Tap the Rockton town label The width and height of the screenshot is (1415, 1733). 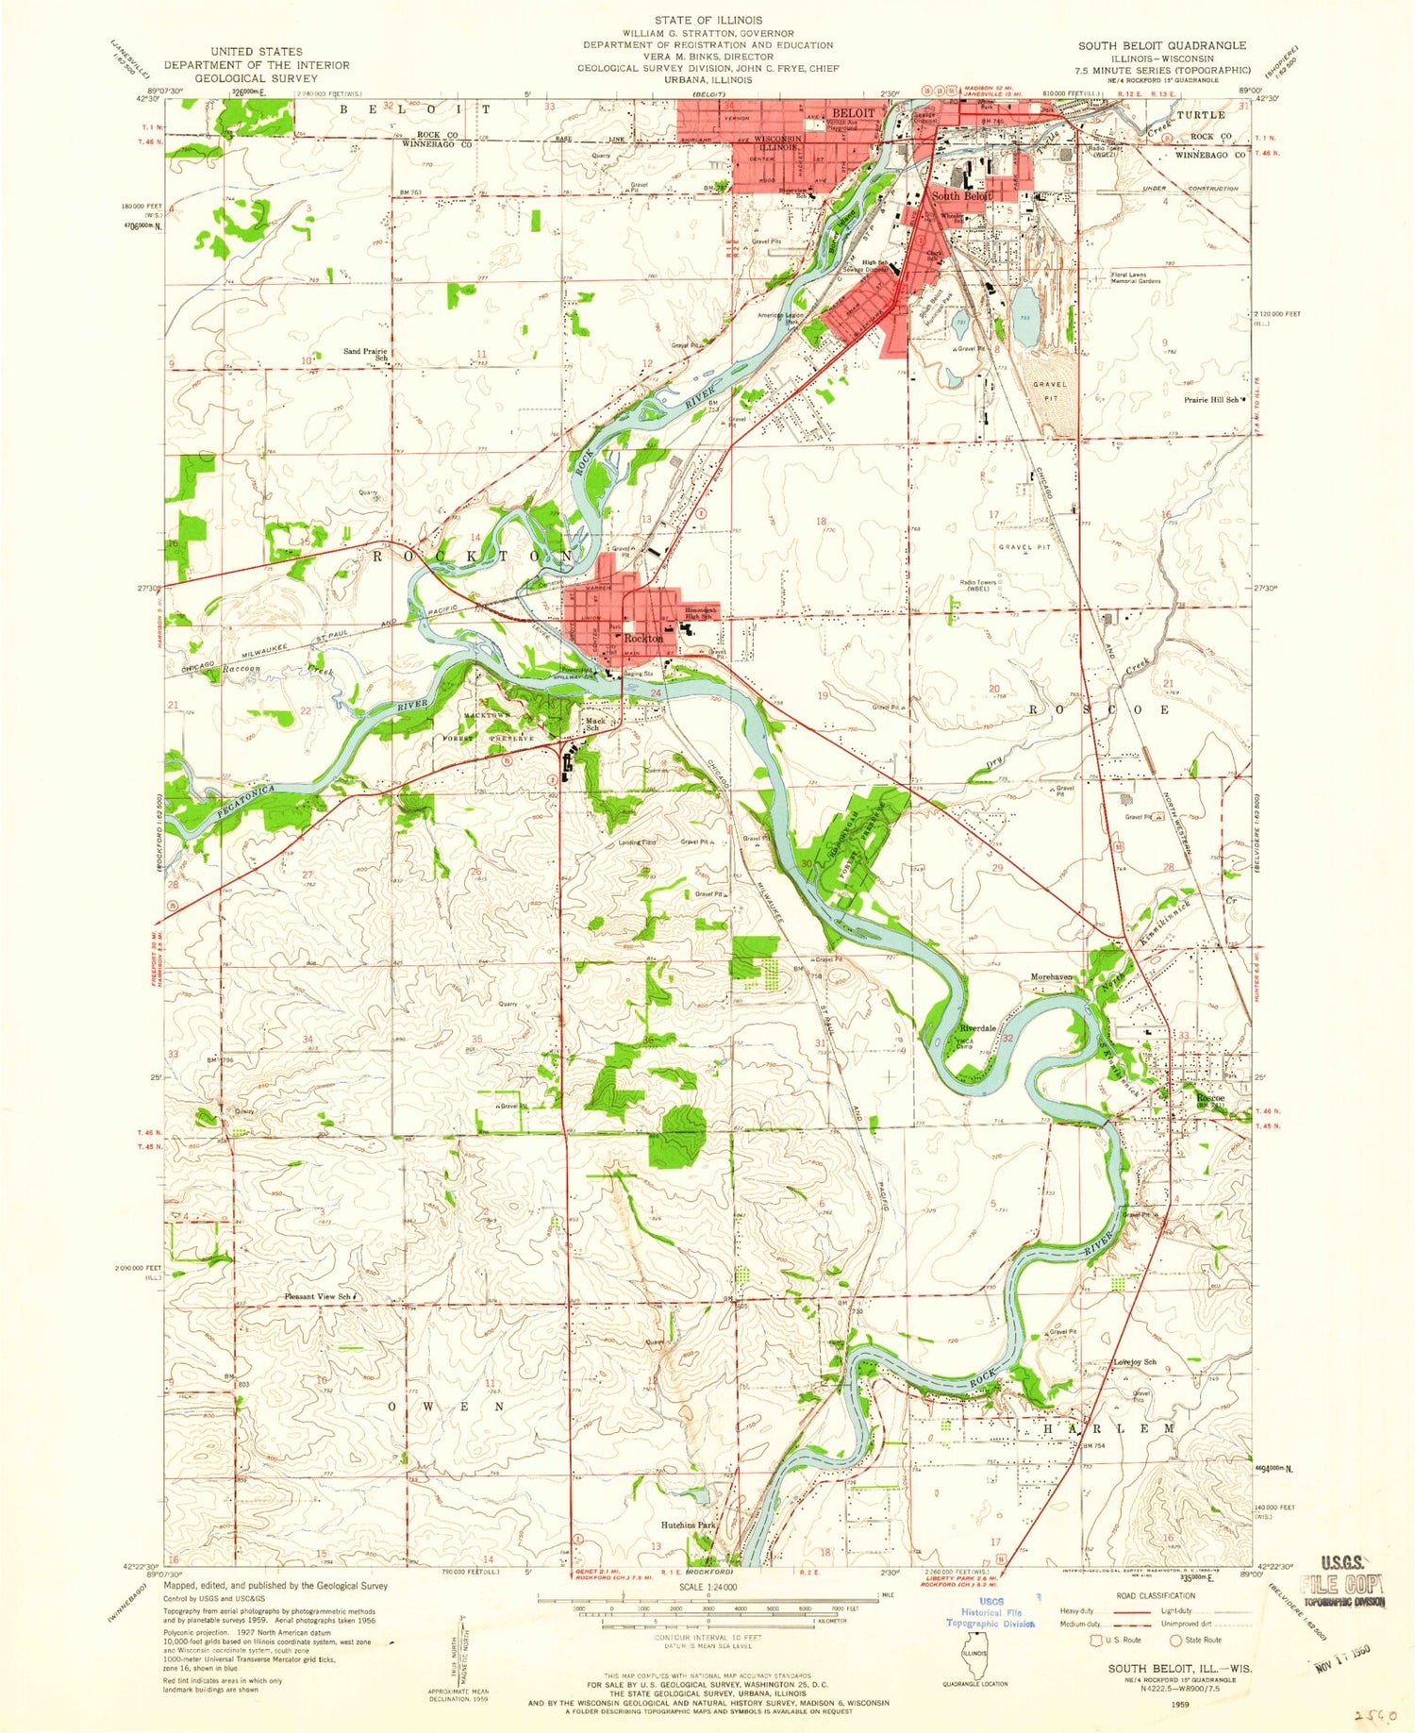click(641, 639)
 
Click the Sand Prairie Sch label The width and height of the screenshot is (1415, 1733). click(366, 355)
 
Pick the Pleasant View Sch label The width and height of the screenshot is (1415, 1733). click(320, 1297)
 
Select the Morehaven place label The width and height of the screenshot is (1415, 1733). click(1052, 977)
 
